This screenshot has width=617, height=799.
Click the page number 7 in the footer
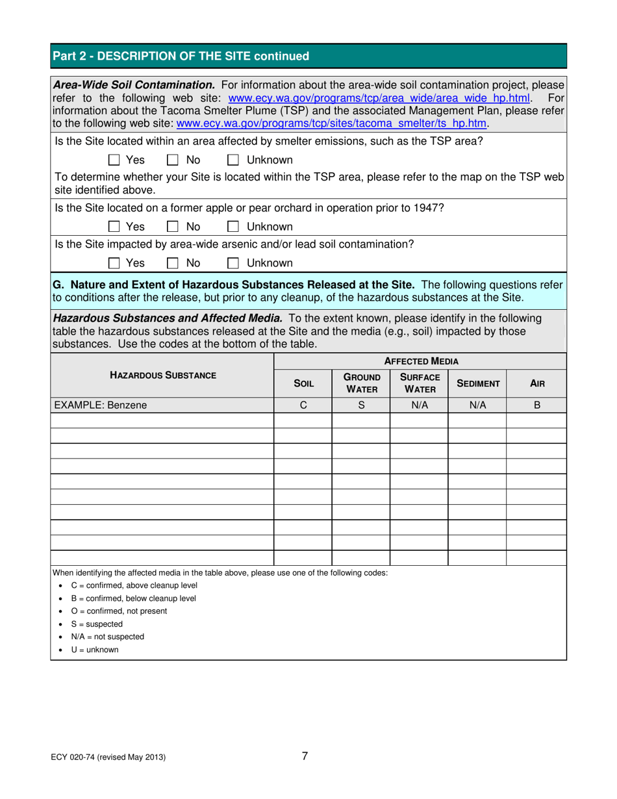tap(305, 755)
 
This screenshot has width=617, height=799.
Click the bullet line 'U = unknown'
tap(94, 650)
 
